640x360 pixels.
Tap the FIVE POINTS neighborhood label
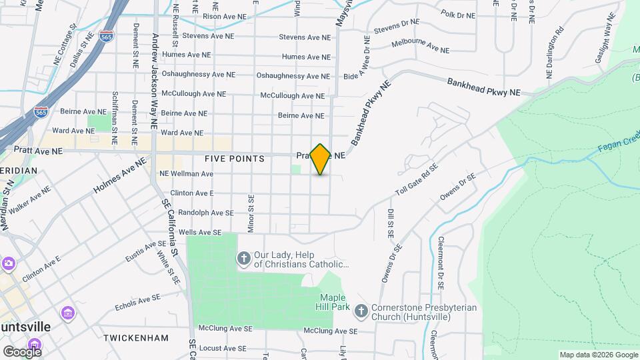click(235, 159)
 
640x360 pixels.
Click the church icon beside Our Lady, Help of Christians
click(245, 258)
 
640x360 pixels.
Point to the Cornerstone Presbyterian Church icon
click(361, 311)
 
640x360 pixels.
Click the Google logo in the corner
click(21, 351)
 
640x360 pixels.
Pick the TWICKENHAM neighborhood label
click(136, 338)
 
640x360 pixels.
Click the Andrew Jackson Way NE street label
click(155, 80)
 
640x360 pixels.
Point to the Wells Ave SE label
click(199, 232)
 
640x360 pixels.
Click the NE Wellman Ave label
click(186, 174)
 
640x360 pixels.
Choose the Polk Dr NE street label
click(458, 15)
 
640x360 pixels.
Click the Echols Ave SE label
click(137, 302)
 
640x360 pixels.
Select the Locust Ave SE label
click(219, 348)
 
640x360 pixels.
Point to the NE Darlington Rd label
click(555, 52)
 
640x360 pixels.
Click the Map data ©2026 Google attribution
click(598, 355)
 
